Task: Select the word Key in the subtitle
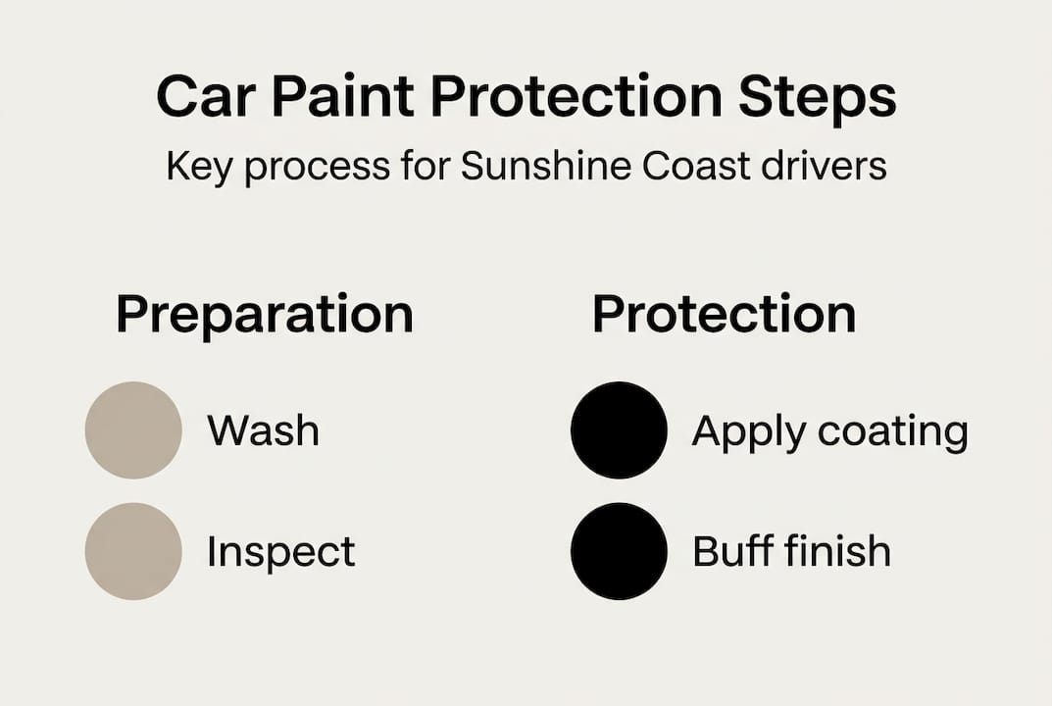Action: click(x=200, y=168)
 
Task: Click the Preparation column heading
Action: click(x=265, y=316)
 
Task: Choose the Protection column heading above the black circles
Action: click(x=724, y=315)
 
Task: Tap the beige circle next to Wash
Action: click(x=133, y=430)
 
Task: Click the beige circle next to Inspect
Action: click(x=133, y=551)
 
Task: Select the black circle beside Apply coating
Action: click(x=619, y=430)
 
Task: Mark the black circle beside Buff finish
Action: click(x=619, y=551)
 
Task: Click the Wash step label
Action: click(x=263, y=430)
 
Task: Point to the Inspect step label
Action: click(x=280, y=552)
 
